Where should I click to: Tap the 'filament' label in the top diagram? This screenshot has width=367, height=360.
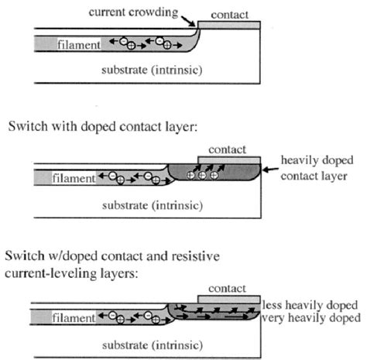point(77,46)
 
